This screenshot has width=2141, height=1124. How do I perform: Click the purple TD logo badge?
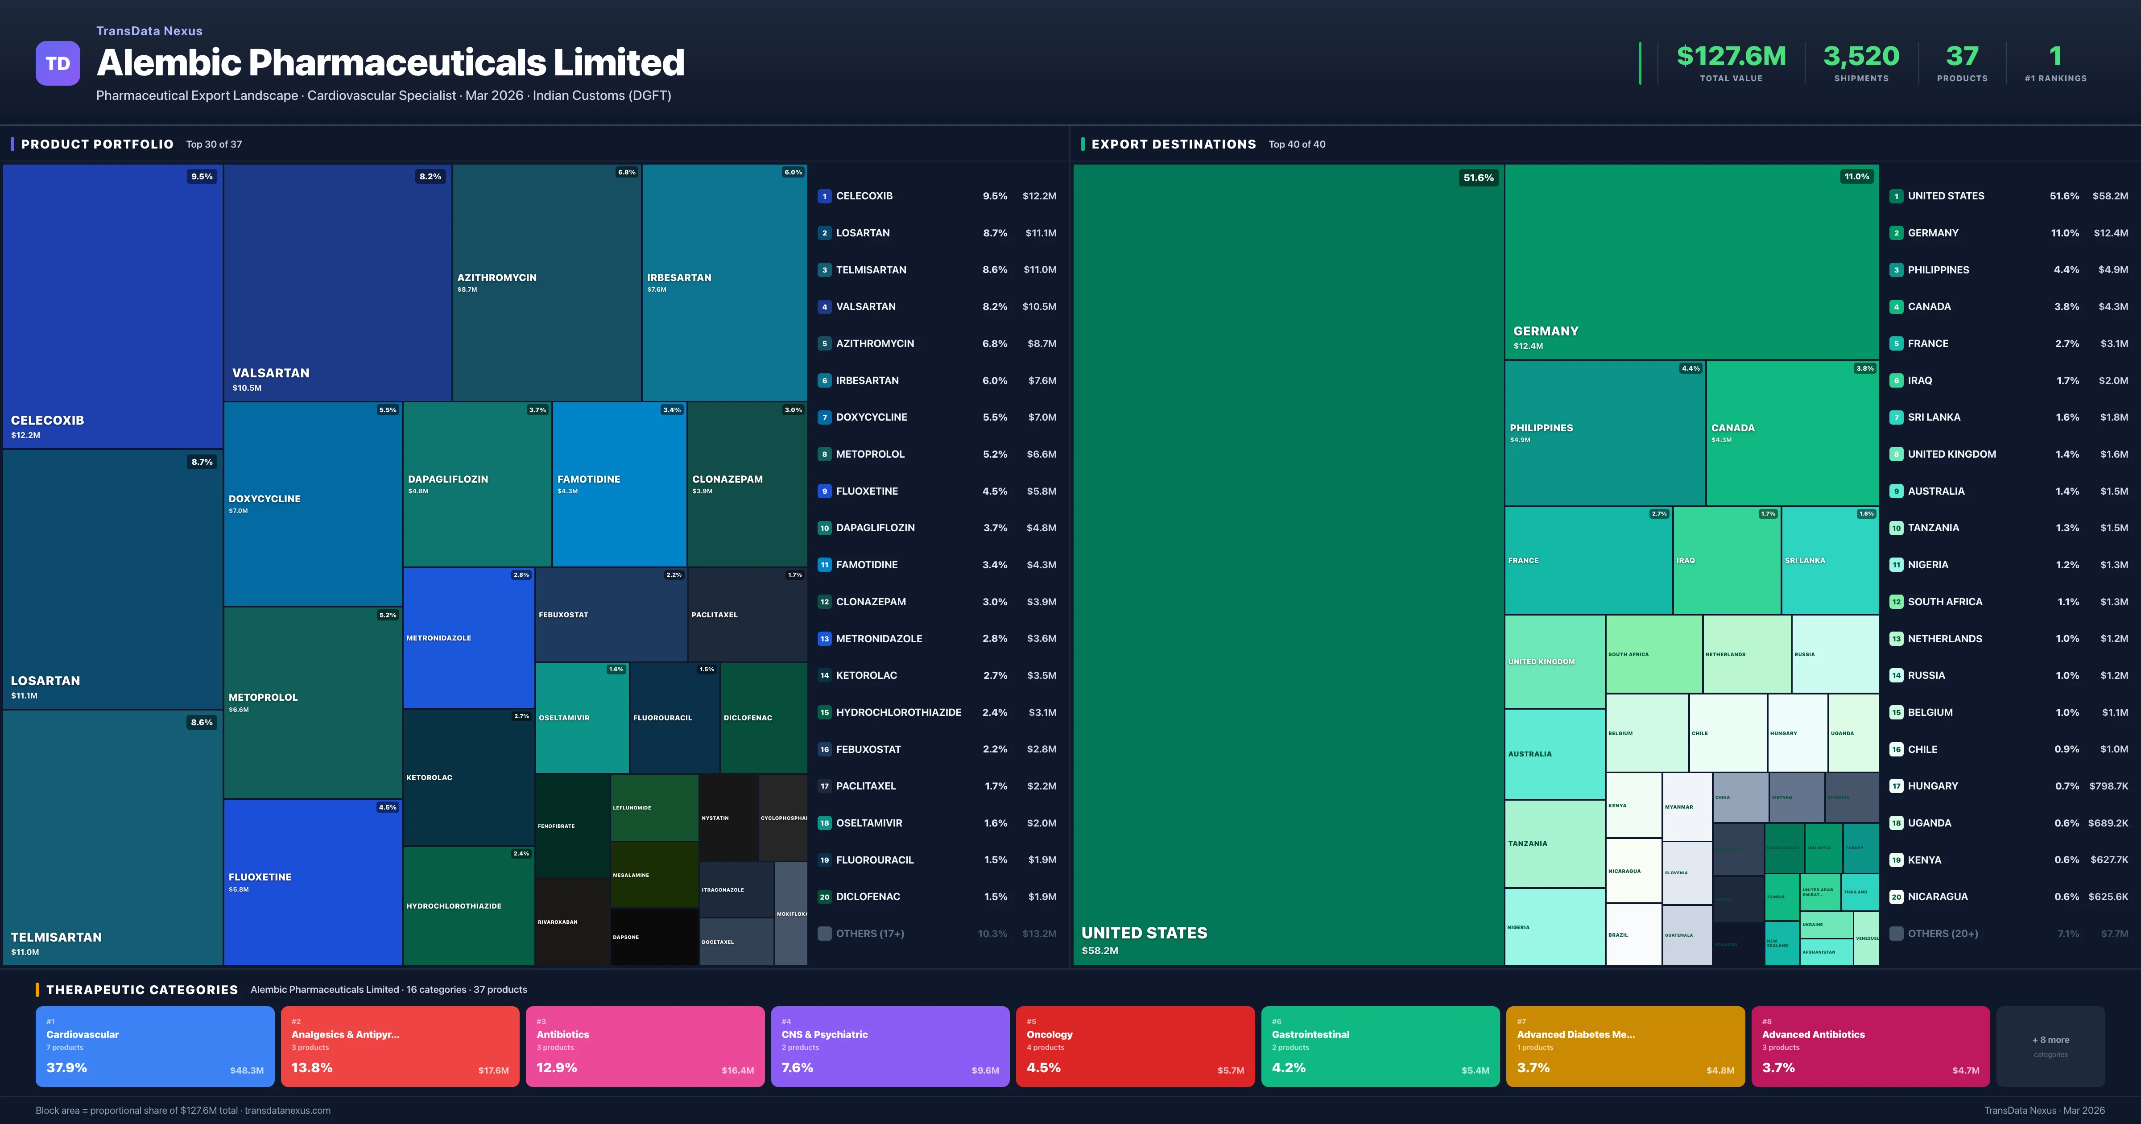(58, 63)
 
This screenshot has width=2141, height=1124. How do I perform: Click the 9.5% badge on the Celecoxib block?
(202, 176)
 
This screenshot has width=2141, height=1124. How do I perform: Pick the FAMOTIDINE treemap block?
(619, 484)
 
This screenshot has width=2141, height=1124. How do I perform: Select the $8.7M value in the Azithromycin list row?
(1042, 343)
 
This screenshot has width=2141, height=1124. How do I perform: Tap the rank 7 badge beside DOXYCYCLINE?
(824, 417)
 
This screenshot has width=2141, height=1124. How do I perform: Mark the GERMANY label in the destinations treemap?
(1545, 331)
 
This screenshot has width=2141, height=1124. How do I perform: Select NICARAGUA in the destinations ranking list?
(1937, 897)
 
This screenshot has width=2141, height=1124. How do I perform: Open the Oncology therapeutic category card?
(1134, 1046)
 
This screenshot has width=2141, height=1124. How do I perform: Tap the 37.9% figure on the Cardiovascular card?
(66, 1067)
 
